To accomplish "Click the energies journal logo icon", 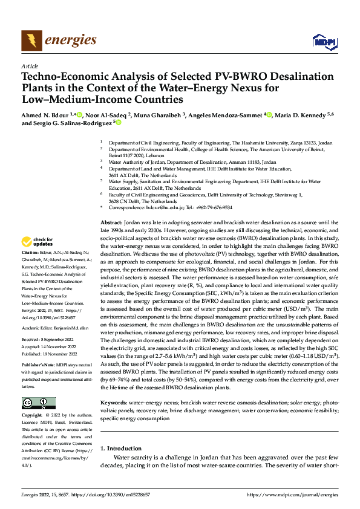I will (30, 40).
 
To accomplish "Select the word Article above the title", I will (30, 66).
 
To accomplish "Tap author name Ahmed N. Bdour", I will (45, 114).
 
